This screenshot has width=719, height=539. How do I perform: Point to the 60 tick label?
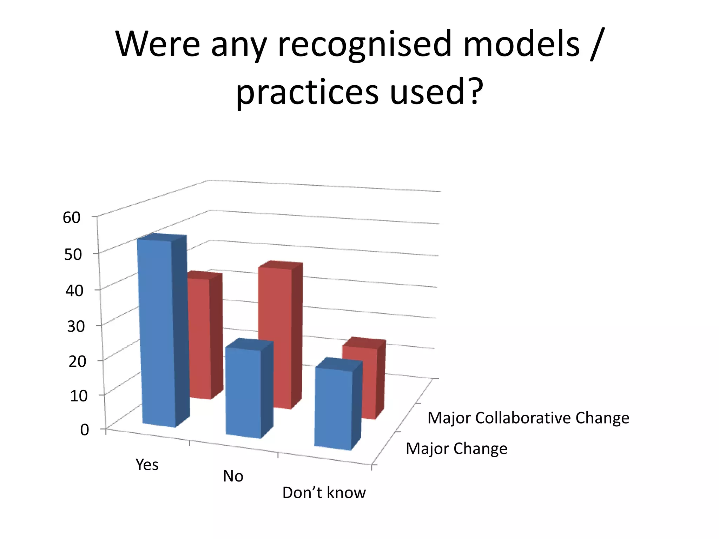coord(72,218)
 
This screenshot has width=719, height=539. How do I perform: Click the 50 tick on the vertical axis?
coord(73,254)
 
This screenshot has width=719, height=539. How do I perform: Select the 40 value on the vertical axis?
coord(74,291)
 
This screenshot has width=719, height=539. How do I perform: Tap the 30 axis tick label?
coord(76,326)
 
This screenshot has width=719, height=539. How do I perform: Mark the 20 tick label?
coord(77,361)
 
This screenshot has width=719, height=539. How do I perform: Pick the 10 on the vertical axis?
coord(79,396)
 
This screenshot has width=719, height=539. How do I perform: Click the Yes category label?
coord(147,465)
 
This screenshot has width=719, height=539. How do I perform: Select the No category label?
coord(233,476)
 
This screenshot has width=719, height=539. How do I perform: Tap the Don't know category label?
coord(324,493)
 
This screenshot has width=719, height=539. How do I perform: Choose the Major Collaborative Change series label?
coord(528,418)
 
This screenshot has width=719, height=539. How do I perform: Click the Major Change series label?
coord(456,448)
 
